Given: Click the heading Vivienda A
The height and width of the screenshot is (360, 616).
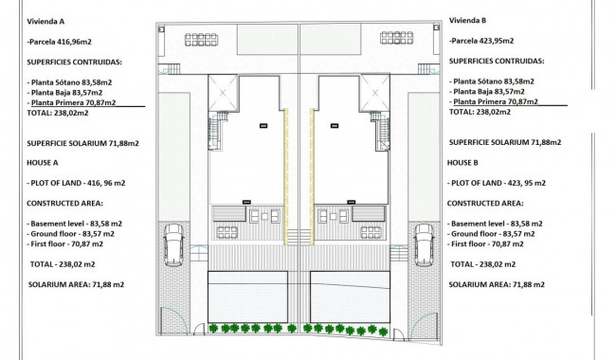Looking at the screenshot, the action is (x=45, y=22).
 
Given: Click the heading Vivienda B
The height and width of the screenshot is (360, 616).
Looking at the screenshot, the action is (x=468, y=21).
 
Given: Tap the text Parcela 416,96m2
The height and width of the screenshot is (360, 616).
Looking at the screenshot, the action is (x=61, y=42).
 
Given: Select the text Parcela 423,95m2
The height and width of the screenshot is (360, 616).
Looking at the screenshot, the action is (x=482, y=41).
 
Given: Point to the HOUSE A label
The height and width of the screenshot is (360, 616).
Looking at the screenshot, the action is (x=43, y=163).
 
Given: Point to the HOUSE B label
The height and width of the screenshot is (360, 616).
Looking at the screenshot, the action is (x=462, y=163).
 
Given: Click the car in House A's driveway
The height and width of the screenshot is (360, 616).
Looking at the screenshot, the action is (x=173, y=244).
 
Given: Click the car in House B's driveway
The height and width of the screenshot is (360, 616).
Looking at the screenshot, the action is (x=425, y=244).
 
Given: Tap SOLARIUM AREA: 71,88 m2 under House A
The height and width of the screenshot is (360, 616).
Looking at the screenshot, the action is (x=76, y=284).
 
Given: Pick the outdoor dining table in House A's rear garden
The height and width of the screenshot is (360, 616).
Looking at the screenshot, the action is (x=201, y=40).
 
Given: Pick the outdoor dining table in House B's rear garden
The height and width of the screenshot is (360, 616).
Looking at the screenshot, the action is (x=396, y=38).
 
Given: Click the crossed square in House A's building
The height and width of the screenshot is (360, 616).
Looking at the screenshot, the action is (x=223, y=93).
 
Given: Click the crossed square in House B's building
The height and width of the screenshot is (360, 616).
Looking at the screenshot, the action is (x=374, y=93).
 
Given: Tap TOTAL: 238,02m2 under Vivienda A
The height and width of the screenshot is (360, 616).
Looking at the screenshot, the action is (x=58, y=113).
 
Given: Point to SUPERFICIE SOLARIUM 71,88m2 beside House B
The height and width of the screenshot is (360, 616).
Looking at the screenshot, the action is (x=505, y=142).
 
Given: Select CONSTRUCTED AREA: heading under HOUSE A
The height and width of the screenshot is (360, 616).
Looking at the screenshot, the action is (x=64, y=204).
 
